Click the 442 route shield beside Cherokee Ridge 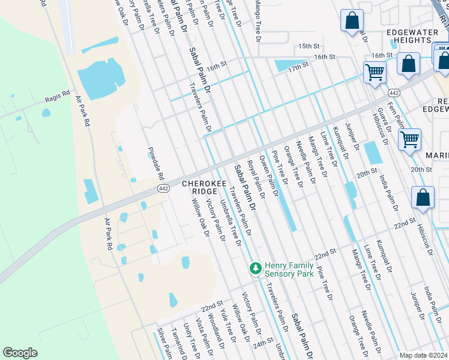coord(163,188)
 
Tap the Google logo coord(20,353)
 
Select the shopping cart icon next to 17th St coord(375,73)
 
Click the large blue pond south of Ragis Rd coord(100,80)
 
